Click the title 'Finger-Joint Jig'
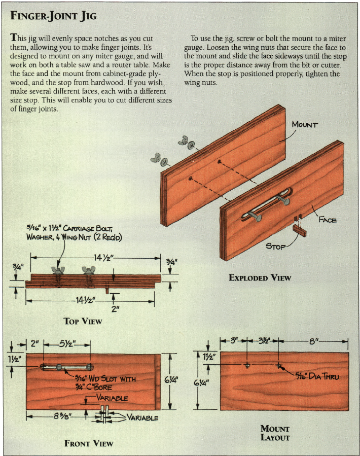[53, 15]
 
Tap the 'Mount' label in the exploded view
[305, 124]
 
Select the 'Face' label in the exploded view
[328, 220]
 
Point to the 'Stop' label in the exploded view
[276, 247]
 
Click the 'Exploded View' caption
[260, 278]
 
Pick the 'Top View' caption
[83, 321]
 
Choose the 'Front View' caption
[89, 443]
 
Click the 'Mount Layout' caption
[275, 433]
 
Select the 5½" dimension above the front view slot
[67, 344]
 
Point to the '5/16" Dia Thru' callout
[317, 376]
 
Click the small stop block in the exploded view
[300, 231]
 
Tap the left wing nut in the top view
[58, 270]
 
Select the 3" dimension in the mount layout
[234, 340]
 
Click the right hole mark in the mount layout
[278, 365]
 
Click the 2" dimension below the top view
[116, 308]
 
